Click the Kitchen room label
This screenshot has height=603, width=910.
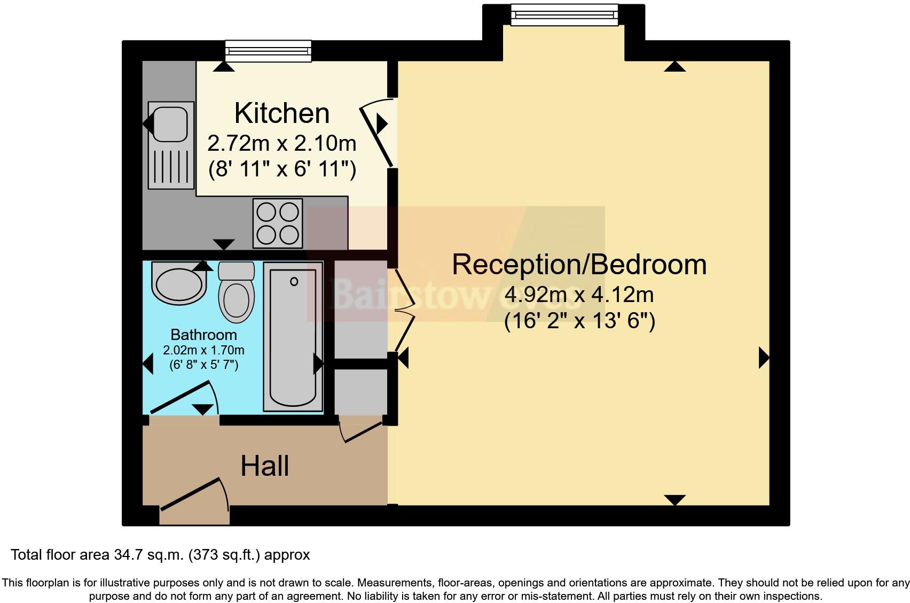(281, 113)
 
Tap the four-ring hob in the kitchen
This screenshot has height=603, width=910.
(278, 223)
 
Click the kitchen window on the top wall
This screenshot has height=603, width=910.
(268, 51)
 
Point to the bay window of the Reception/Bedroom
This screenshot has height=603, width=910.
(564, 14)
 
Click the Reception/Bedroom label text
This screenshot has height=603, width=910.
(579, 265)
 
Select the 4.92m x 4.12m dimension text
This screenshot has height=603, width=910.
(579, 295)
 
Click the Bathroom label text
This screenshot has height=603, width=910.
(203, 335)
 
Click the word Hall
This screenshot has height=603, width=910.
(264, 466)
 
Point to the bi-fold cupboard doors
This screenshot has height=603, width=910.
(404, 310)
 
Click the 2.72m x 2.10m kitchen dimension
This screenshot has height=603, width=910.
(281, 143)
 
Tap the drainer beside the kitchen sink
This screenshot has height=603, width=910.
(171, 166)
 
